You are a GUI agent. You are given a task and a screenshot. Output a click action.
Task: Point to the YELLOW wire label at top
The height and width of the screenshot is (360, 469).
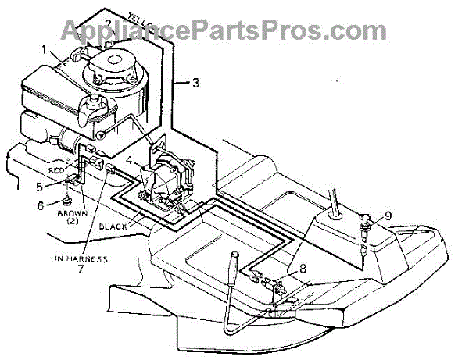click(137, 13)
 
